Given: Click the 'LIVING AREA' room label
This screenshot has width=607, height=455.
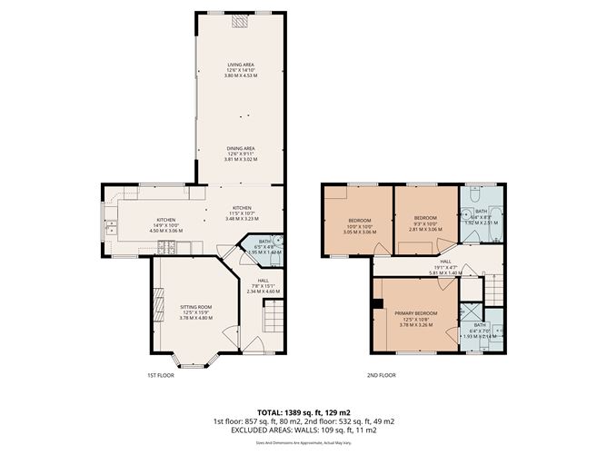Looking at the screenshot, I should pos(241,64).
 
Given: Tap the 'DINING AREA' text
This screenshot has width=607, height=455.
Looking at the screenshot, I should pos(241,148).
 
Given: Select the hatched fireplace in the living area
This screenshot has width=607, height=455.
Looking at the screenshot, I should pos(241,23).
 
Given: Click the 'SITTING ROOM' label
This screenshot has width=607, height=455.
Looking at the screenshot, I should pos(194,307).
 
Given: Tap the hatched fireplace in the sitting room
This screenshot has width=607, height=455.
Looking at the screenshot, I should pos(158,301).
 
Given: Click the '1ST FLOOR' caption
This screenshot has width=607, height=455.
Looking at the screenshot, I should pos(160,375).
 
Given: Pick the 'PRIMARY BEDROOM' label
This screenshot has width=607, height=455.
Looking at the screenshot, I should pos(415,313).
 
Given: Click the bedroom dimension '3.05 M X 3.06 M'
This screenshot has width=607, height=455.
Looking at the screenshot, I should pos(359,232).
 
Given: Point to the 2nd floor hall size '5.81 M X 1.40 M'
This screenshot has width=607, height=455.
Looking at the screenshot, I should pos(446,272).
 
